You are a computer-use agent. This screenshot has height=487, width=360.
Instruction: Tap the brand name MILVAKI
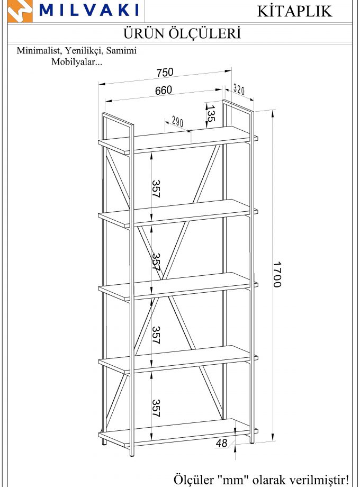point(89,10)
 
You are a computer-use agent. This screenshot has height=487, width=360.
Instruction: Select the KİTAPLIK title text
point(295,11)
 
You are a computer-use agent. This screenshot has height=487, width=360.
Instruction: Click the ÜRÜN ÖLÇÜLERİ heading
point(182,33)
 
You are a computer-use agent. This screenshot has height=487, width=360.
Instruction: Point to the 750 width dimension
point(165,73)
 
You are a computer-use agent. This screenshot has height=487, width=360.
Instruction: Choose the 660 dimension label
point(164,90)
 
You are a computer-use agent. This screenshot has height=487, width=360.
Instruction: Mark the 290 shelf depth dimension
point(177,122)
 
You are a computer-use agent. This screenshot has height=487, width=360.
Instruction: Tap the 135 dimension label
point(211,113)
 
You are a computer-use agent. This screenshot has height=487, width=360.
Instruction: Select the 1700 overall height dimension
point(277,275)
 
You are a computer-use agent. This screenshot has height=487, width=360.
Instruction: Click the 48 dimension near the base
point(221,443)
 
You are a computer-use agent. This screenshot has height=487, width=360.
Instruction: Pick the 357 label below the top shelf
point(156,188)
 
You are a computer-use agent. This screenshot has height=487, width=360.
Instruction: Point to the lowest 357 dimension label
point(156,408)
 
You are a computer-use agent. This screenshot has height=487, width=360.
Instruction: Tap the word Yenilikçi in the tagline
point(84,51)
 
